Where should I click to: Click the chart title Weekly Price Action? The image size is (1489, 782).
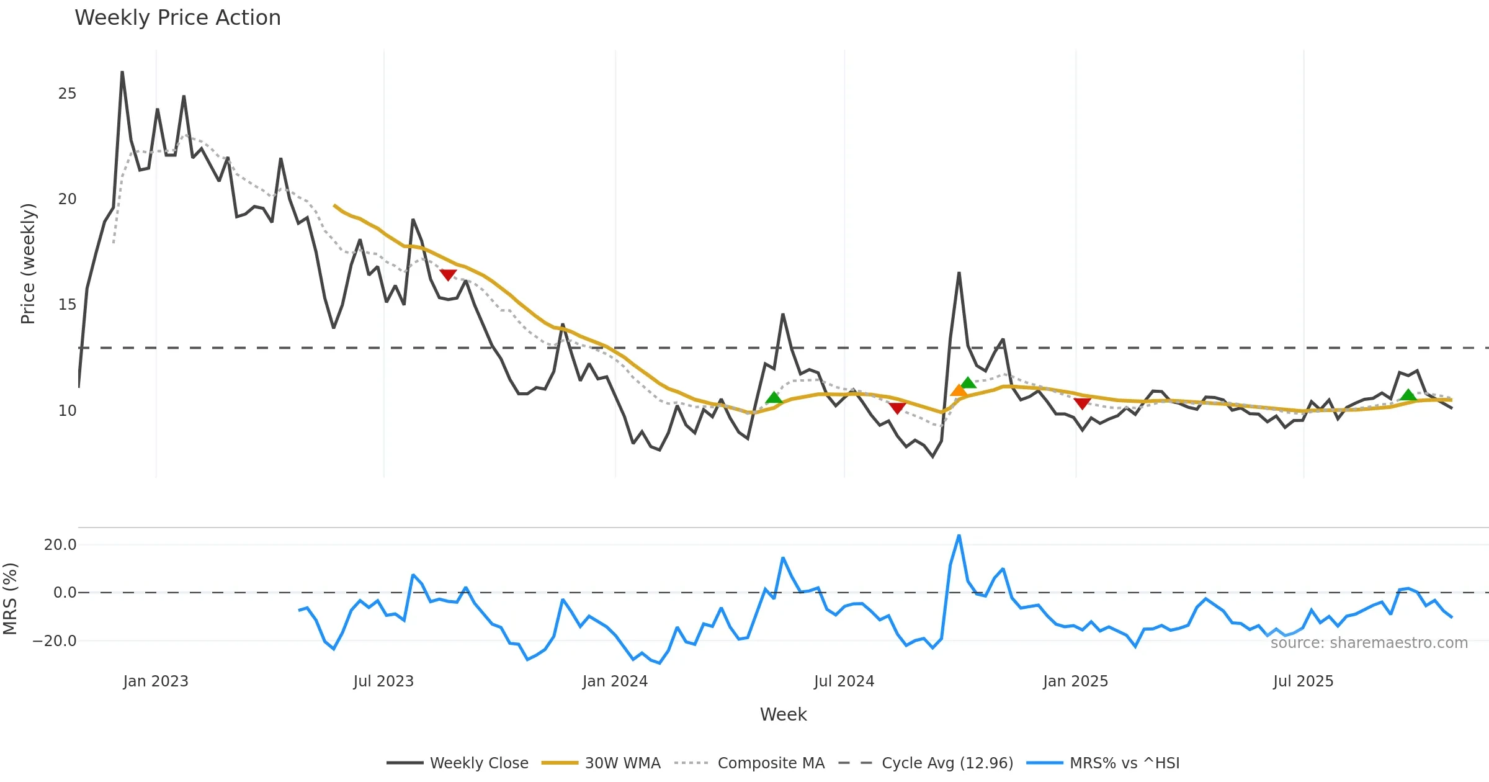coord(177,18)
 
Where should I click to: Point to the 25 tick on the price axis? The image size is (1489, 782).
coord(67,94)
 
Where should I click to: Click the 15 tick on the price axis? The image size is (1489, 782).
coord(67,305)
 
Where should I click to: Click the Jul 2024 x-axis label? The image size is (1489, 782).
coord(844,681)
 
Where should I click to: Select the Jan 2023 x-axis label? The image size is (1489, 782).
coord(156,681)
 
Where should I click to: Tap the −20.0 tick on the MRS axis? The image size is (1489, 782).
coord(55,641)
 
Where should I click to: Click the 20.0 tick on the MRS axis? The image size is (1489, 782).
coord(60,545)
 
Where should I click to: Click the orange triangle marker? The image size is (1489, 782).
coord(959,390)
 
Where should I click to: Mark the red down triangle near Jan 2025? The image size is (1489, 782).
coord(1082,403)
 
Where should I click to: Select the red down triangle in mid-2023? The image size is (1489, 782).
coord(448,275)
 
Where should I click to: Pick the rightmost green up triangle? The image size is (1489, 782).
coord(1408,395)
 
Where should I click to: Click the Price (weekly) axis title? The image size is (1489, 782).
coord(29,264)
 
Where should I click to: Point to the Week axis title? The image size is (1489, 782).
coord(783,714)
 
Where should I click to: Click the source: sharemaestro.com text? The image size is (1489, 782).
coord(1369,643)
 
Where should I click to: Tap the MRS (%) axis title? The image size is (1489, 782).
coord(10,599)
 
